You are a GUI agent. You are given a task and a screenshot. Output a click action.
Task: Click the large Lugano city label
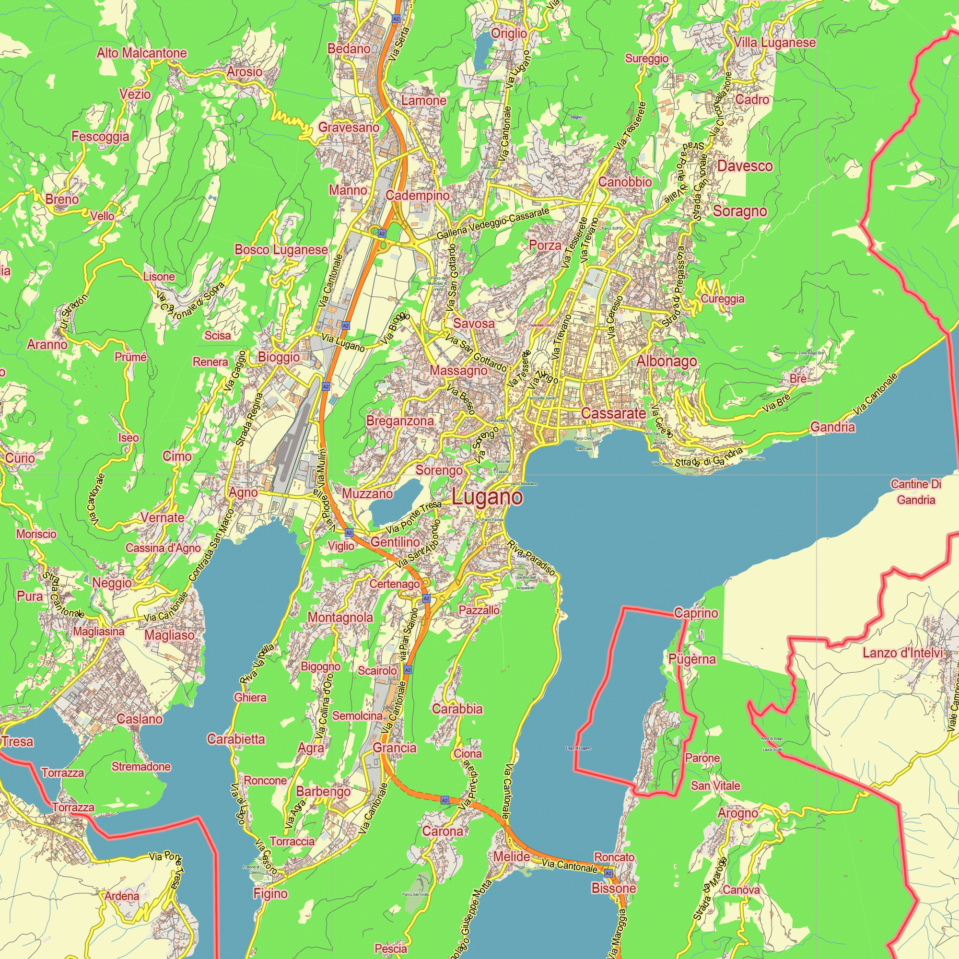tap(487, 497)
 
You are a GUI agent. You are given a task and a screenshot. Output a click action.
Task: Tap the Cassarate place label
tap(614, 413)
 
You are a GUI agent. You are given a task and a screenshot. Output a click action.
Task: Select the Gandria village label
tap(832, 427)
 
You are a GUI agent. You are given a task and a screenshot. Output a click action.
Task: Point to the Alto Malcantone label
tap(141, 53)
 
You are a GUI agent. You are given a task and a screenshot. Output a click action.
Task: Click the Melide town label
tap(512, 856)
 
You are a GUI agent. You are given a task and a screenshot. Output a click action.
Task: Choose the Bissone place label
tap(614, 888)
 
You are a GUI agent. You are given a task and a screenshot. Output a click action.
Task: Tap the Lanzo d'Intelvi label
tap(902, 653)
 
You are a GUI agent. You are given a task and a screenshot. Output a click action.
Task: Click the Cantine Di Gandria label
tap(916, 491)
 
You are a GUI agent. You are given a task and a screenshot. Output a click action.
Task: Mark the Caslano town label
tap(140, 719)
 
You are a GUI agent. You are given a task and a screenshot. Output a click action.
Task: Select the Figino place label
tap(270, 893)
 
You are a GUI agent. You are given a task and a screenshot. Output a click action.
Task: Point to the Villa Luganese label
tap(774, 43)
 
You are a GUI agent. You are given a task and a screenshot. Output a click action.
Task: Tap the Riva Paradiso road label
tap(531, 558)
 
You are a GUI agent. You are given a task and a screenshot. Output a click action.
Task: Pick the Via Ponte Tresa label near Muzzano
tap(413, 517)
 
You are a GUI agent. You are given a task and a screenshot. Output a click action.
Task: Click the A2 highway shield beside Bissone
tap(608, 873)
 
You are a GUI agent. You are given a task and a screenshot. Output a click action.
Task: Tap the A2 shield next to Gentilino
tap(349, 533)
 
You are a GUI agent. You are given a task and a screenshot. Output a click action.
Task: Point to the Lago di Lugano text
tap(578, 748)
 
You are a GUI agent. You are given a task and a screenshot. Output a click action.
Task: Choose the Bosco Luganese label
tap(281, 250)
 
